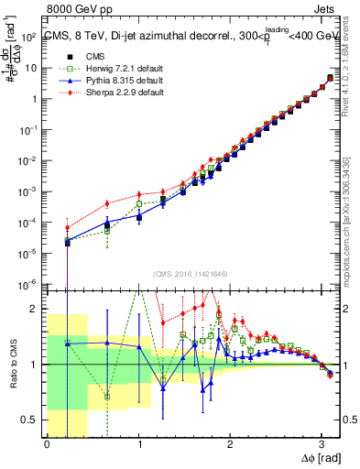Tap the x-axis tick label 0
click(47, 444)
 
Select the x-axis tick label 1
click(138, 444)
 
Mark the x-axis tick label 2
click(230, 444)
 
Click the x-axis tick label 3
click(322, 444)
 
